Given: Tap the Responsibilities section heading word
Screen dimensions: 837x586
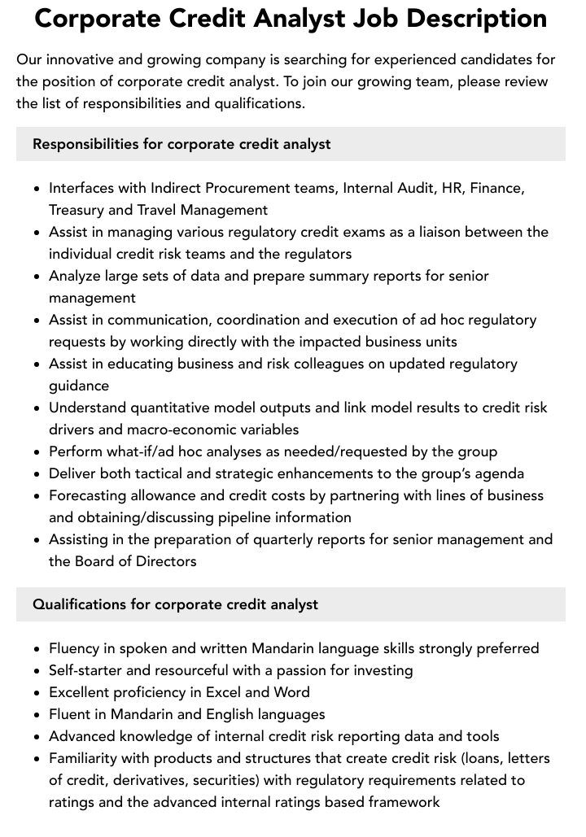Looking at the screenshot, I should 85,144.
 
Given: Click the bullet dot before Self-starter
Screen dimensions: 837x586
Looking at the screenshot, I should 37,671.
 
